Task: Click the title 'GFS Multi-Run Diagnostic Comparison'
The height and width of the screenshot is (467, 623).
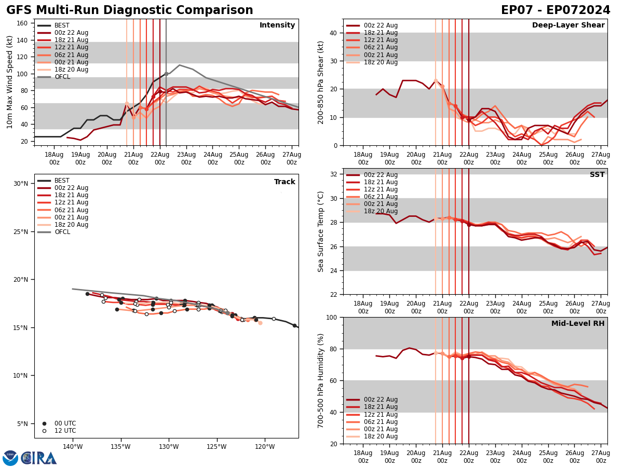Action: point(130,10)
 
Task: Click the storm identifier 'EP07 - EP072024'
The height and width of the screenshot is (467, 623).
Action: point(556,10)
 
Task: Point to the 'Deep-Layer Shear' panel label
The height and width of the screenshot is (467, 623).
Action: point(568,25)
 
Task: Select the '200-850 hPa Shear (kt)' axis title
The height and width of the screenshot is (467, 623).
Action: point(321,82)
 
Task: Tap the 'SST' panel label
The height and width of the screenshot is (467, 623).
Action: point(597,175)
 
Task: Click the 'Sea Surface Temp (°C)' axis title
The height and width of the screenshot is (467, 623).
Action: point(321,231)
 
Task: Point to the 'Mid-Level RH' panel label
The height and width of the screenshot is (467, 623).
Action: point(578,324)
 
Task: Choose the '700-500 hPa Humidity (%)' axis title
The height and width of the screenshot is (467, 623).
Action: point(321,380)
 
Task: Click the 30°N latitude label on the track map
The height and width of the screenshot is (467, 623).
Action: point(20,184)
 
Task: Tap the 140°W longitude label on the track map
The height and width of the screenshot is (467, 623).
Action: point(73,447)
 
